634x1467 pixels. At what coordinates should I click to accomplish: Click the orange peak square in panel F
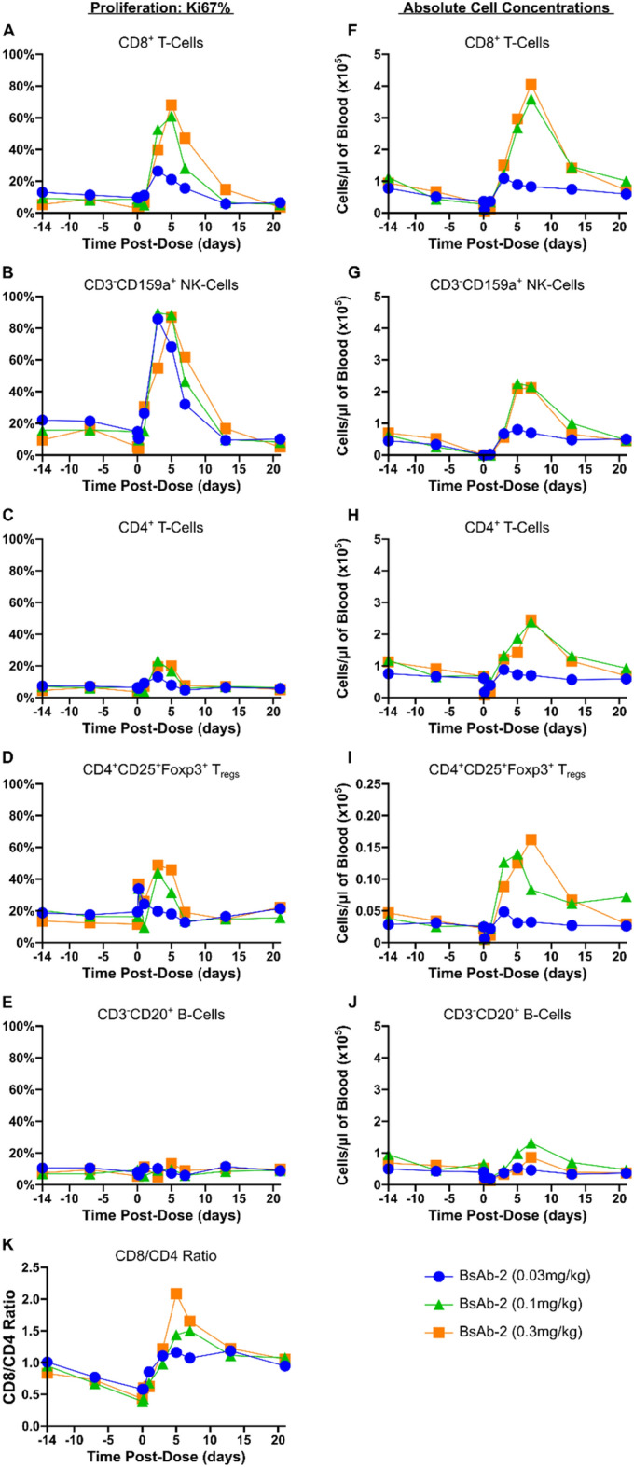(531, 85)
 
